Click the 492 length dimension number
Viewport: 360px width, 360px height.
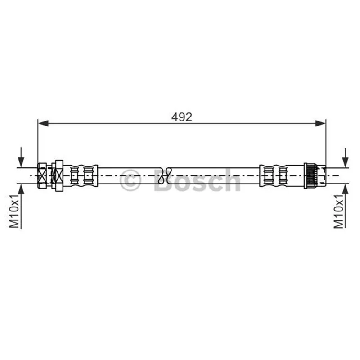coord(182,117)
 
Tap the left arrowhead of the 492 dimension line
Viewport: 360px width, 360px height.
coord(43,123)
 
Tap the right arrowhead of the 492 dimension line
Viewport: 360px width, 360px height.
coord(320,123)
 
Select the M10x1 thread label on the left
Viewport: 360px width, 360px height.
coord(14,211)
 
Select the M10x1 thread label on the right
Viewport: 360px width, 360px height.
coord(338,211)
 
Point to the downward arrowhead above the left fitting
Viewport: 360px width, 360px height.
coord(21,162)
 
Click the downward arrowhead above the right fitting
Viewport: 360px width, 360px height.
coord(345,162)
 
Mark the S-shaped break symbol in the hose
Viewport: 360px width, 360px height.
coord(165,175)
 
